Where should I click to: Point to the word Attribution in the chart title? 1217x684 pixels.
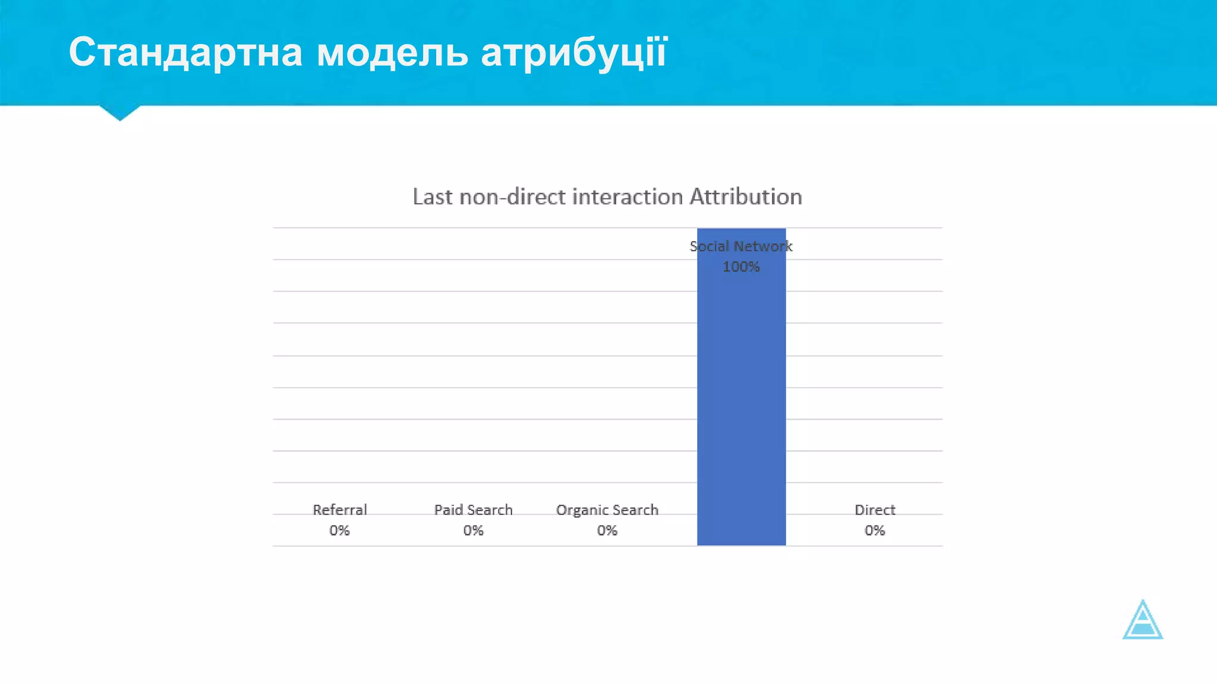(x=745, y=197)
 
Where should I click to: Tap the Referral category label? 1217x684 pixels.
(x=339, y=510)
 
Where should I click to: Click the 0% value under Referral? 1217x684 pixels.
(x=339, y=530)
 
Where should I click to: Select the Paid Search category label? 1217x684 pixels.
(x=473, y=510)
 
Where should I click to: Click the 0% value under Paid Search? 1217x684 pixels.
(x=473, y=530)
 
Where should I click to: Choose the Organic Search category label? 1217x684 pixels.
(x=607, y=510)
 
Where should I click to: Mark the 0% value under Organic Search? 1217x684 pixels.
(x=607, y=530)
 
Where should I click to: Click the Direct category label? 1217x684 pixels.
(x=875, y=510)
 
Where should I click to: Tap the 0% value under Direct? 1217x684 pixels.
(x=875, y=530)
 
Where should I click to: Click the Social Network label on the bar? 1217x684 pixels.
(x=741, y=246)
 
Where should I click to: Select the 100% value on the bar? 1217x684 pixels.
(x=741, y=267)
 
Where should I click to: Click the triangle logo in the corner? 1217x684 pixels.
(x=1142, y=621)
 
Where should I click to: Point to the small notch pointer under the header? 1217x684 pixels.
(x=120, y=112)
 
